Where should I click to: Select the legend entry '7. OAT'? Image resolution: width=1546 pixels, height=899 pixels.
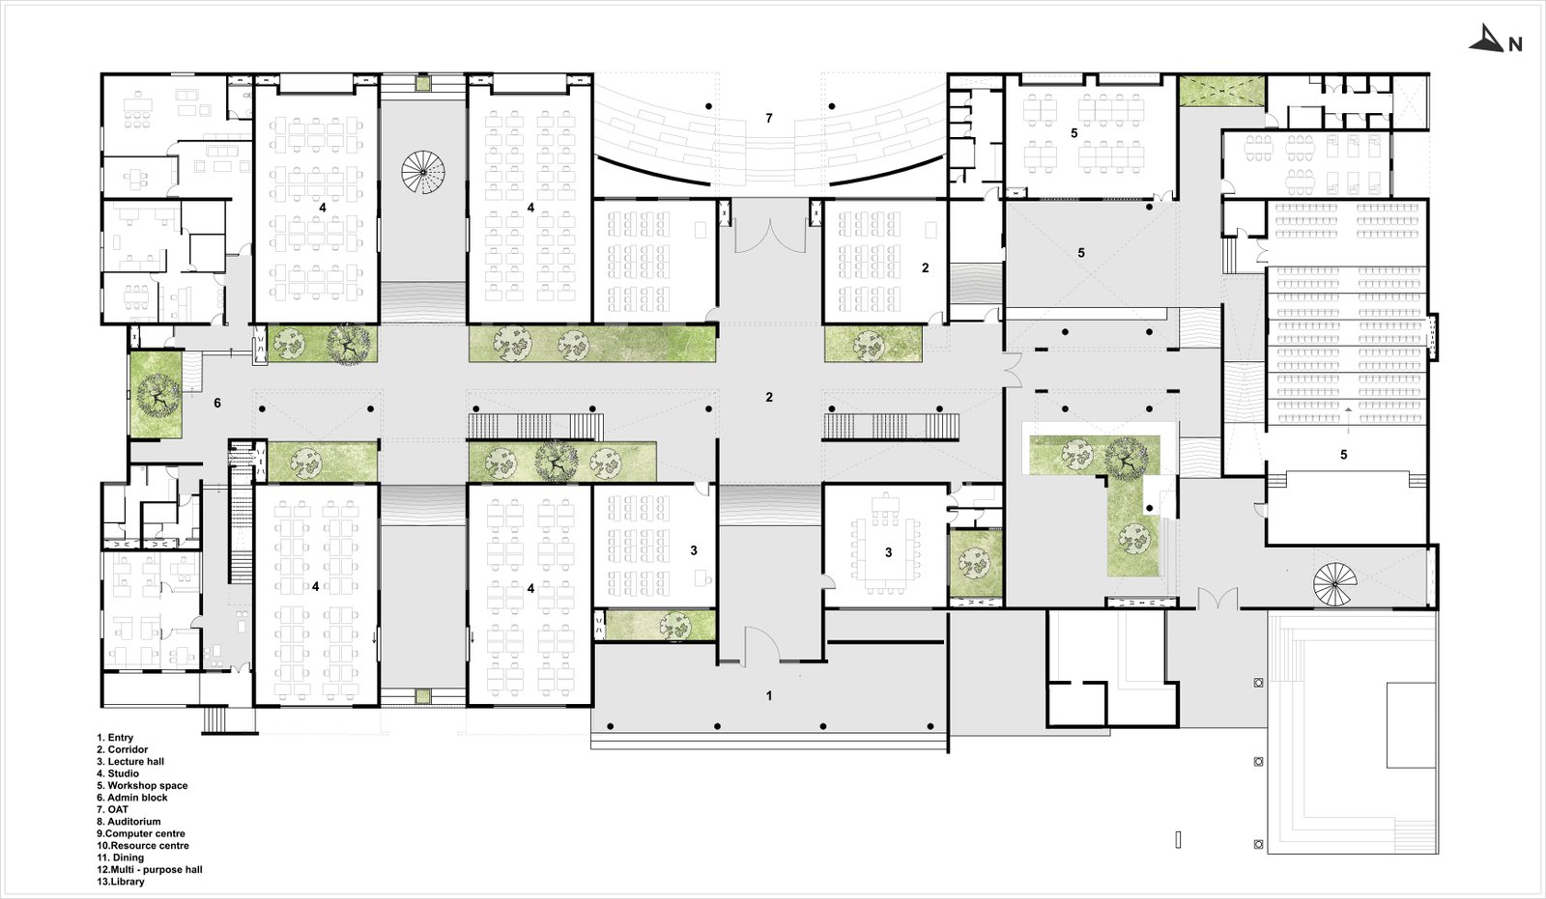pos(112,809)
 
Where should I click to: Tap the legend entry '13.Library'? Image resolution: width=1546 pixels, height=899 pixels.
pos(121,882)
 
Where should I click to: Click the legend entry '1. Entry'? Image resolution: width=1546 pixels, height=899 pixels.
pos(115,738)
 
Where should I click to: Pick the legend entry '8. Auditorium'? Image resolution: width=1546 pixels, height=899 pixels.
pos(129,822)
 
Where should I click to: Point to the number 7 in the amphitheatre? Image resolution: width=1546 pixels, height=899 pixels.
pos(769,119)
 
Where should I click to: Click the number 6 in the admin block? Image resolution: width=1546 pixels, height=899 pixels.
pos(217,403)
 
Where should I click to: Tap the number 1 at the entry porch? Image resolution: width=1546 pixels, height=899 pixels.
pos(769,695)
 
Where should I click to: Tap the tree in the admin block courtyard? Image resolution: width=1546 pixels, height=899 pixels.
pos(156,395)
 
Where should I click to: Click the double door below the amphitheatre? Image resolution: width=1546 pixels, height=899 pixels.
pos(770,235)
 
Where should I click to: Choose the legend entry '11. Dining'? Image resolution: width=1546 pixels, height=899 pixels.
pos(120,857)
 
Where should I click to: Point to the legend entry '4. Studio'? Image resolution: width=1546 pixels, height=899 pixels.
pos(118,773)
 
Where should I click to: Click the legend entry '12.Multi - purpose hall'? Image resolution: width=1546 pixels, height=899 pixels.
pos(150,869)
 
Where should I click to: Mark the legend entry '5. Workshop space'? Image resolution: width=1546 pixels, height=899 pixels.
pos(142,786)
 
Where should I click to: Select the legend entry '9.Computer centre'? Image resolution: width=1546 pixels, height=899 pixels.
pos(141,833)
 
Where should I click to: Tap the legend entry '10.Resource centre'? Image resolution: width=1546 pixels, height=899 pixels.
pos(143,846)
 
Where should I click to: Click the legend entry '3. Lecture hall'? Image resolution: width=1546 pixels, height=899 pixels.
pos(130,762)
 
